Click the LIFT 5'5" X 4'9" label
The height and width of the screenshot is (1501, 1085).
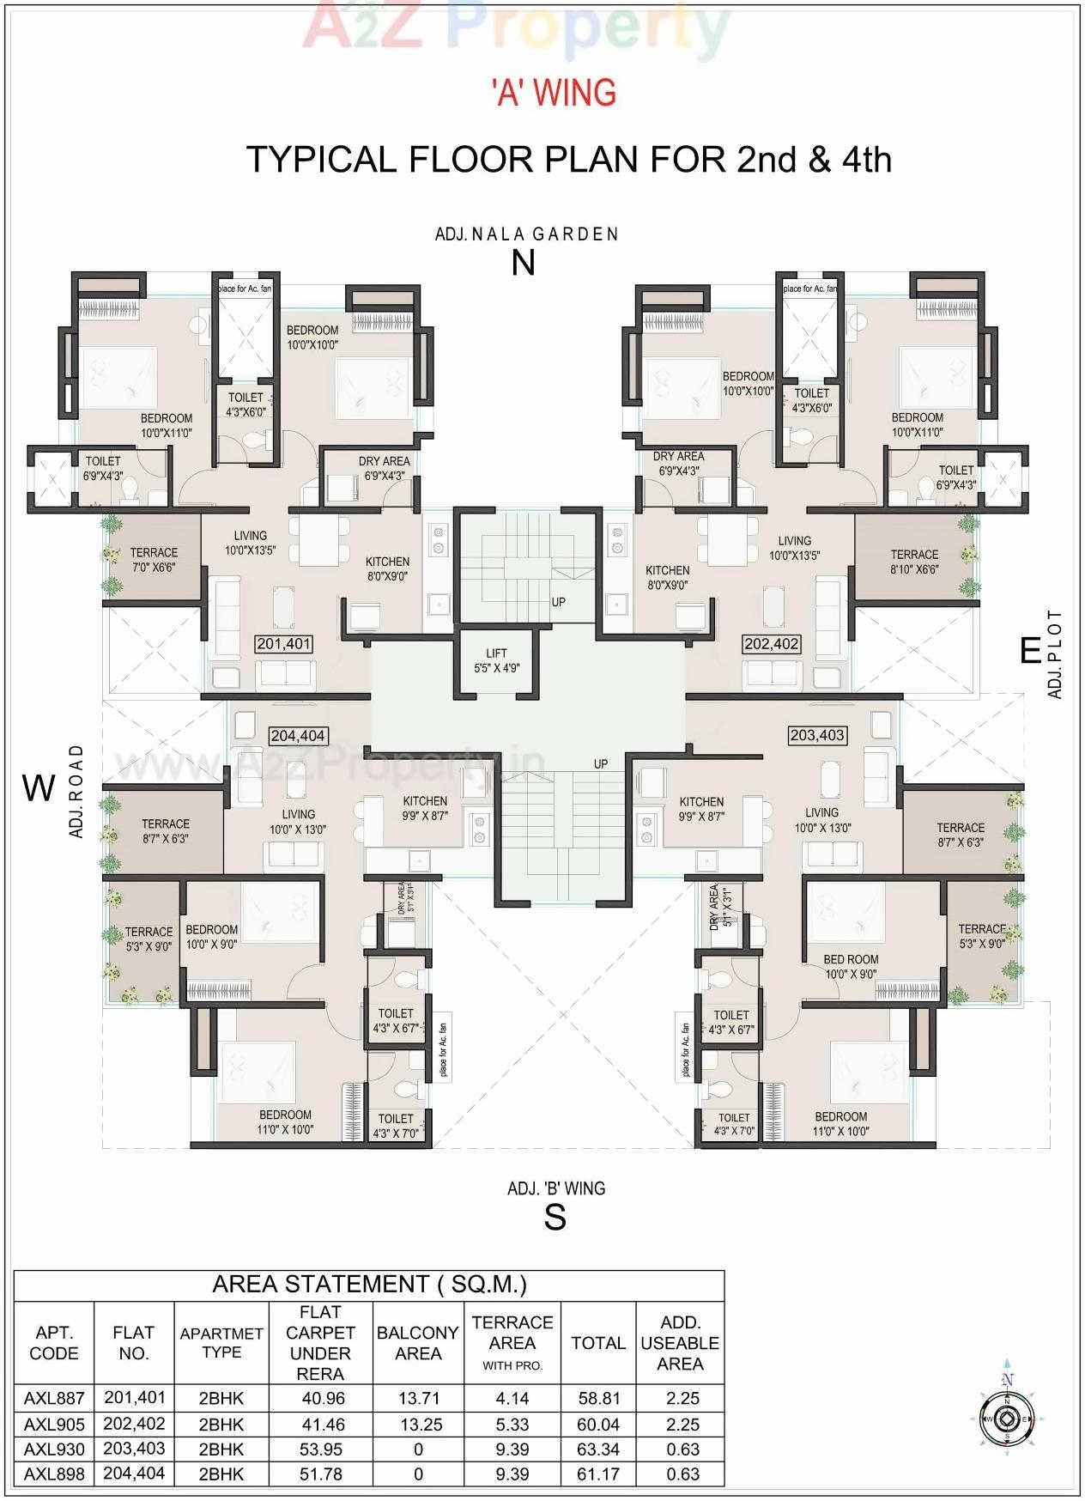point(496,660)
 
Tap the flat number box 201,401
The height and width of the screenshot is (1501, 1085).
point(284,643)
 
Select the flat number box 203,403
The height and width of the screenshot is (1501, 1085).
point(817,735)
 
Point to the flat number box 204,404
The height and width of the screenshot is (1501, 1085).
point(298,735)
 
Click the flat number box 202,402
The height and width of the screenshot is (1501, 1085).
point(772,643)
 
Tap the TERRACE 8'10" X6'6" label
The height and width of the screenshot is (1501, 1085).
point(914,562)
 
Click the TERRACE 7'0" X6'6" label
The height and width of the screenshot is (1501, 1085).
point(154,560)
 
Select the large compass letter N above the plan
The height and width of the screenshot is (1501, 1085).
point(523,263)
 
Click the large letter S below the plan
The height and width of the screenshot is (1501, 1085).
point(555,1217)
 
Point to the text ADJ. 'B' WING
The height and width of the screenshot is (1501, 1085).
point(555,1188)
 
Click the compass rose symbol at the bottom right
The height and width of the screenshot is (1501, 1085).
point(1007,1419)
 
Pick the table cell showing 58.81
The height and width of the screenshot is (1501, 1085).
point(598,1399)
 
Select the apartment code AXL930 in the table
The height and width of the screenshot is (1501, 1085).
point(54,1449)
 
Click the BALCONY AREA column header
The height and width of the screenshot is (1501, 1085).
point(417,1343)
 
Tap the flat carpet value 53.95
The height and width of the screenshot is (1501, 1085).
point(323,1449)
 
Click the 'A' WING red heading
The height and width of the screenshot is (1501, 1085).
point(555,93)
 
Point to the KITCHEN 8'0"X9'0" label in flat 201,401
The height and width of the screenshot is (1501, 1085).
point(387,568)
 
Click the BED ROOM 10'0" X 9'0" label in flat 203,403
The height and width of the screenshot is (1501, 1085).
point(851,966)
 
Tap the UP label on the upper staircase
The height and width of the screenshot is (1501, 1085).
point(559,602)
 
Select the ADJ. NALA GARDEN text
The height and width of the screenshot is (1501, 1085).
point(526,234)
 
